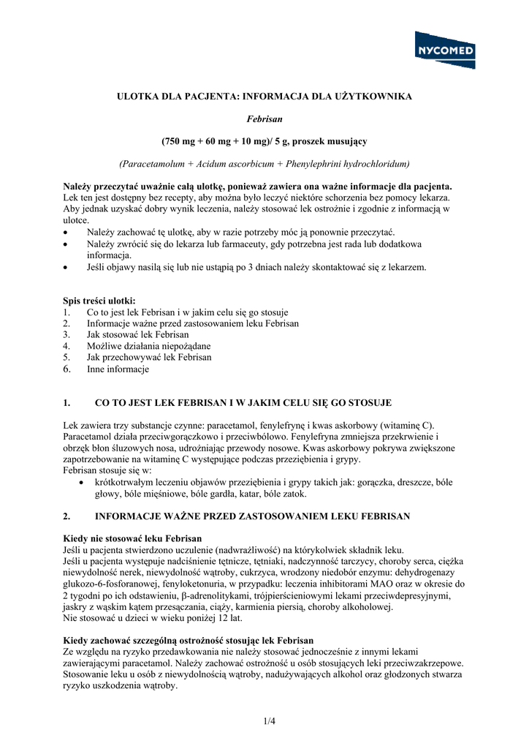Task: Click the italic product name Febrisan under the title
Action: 264,118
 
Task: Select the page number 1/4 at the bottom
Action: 270,721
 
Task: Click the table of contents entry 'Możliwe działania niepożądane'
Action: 148,346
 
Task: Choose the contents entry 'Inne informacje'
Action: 118,369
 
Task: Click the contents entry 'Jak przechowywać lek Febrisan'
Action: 149,358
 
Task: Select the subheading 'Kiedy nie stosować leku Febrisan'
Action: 132,538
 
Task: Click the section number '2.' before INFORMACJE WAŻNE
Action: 67,516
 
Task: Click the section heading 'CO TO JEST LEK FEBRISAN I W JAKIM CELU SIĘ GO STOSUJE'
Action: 243,403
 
